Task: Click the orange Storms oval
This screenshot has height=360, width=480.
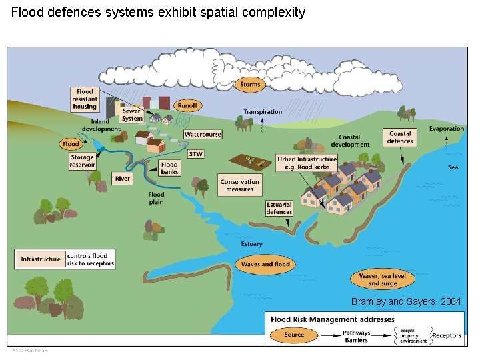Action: [x=250, y=85]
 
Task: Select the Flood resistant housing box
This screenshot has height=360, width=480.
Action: [x=85, y=99]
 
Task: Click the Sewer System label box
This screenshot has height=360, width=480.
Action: [x=132, y=115]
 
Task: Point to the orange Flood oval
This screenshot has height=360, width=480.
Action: [x=71, y=144]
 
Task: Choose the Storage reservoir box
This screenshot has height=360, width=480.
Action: [x=83, y=161]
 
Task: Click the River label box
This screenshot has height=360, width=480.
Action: [x=123, y=179]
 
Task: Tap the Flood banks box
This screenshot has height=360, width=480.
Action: [x=170, y=167]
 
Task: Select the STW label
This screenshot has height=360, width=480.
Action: [x=195, y=154]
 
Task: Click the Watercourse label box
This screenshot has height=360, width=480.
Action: [x=203, y=134]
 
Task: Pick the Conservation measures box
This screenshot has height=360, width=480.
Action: [x=239, y=185]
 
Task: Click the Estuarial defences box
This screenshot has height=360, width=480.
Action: [x=279, y=208]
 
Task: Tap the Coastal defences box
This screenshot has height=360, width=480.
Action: [x=400, y=137]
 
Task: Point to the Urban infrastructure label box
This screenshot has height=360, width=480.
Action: [x=307, y=163]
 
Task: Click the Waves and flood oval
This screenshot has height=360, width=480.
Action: [x=265, y=264]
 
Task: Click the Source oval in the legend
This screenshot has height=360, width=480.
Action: [x=294, y=335]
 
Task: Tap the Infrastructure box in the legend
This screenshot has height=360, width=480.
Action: [x=41, y=259]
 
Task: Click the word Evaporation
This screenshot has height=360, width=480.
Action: [x=446, y=129]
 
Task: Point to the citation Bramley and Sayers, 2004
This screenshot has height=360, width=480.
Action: [x=405, y=302]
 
